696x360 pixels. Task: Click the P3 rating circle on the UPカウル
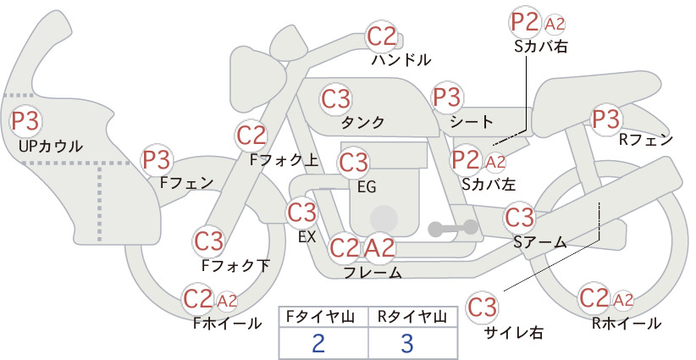[x=25, y=121]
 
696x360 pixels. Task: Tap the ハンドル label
[x=401, y=59]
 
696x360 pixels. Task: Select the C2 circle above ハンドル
[x=381, y=36]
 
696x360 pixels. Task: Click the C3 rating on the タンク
[x=335, y=98]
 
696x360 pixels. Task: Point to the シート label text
[x=472, y=121]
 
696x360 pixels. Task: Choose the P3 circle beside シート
[x=447, y=97]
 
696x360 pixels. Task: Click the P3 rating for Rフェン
[x=606, y=119]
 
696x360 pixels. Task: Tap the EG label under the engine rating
[x=367, y=187]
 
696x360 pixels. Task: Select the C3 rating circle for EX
[x=301, y=213]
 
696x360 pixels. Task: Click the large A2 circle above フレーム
[x=379, y=247]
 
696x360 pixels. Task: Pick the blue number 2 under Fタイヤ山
[x=318, y=343]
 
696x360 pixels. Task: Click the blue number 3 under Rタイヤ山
[x=407, y=343]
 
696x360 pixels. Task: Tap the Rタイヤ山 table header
[x=412, y=317]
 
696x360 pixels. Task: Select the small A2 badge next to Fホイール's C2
[x=227, y=301]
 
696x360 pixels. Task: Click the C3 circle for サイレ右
[x=482, y=307]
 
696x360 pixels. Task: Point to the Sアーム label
[x=540, y=242]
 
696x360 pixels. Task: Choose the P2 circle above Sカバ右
[x=525, y=22]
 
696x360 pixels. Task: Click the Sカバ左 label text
[x=489, y=183]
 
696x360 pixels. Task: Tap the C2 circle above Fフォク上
[x=251, y=136]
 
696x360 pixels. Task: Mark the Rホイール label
[x=627, y=324]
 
